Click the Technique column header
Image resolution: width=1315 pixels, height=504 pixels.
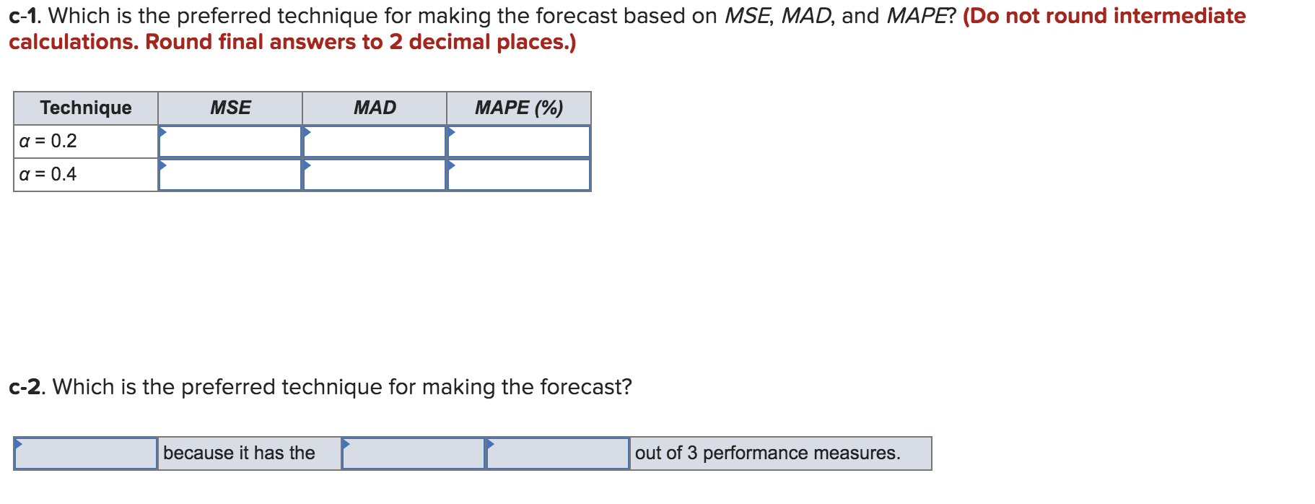click(x=86, y=108)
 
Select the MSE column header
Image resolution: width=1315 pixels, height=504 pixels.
click(x=230, y=108)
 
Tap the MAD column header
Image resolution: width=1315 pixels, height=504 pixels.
click(x=375, y=108)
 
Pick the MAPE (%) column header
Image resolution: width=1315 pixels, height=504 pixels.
click(x=519, y=108)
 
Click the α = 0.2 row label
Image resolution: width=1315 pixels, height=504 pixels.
click(x=48, y=141)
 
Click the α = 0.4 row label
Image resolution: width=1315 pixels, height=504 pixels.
click(x=48, y=174)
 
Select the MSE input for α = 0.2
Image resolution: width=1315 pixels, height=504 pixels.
click(x=230, y=142)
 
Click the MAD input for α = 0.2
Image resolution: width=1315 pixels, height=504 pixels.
click(x=375, y=142)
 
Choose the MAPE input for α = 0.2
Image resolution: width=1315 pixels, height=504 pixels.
click(x=519, y=142)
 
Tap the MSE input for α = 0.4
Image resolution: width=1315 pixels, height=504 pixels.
click(x=230, y=175)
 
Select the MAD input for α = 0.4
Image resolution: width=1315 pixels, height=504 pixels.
click(x=375, y=175)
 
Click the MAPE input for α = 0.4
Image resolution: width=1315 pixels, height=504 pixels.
click(x=519, y=175)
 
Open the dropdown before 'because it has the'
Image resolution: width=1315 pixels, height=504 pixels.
click(x=86, y=453)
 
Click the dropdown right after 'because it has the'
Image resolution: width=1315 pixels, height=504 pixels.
click(x=414, y=453)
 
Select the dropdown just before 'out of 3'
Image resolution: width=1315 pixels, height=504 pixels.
click(x=558, y=453)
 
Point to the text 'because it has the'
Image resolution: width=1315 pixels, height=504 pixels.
click(x=239, y=453)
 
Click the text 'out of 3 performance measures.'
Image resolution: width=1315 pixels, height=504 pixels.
click(x=768, y=453)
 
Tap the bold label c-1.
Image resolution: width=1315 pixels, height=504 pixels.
click(x=25, y=16)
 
